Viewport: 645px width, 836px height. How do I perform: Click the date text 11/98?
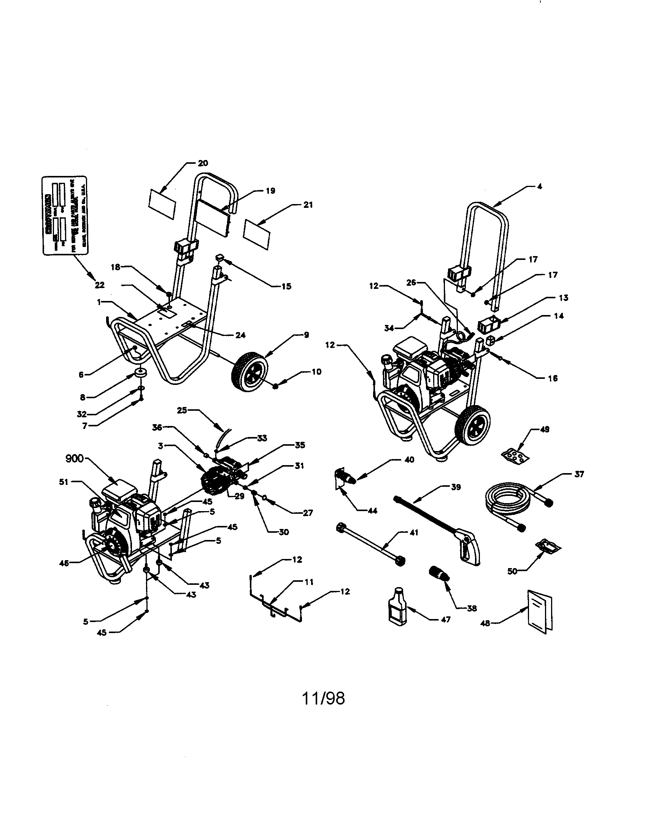(x=324, y=698)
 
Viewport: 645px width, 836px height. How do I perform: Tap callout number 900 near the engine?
(x=74, y=459)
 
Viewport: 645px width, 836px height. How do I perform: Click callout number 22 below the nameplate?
(x=100, y=285)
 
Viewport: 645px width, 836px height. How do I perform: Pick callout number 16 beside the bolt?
(x=552, y=378)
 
